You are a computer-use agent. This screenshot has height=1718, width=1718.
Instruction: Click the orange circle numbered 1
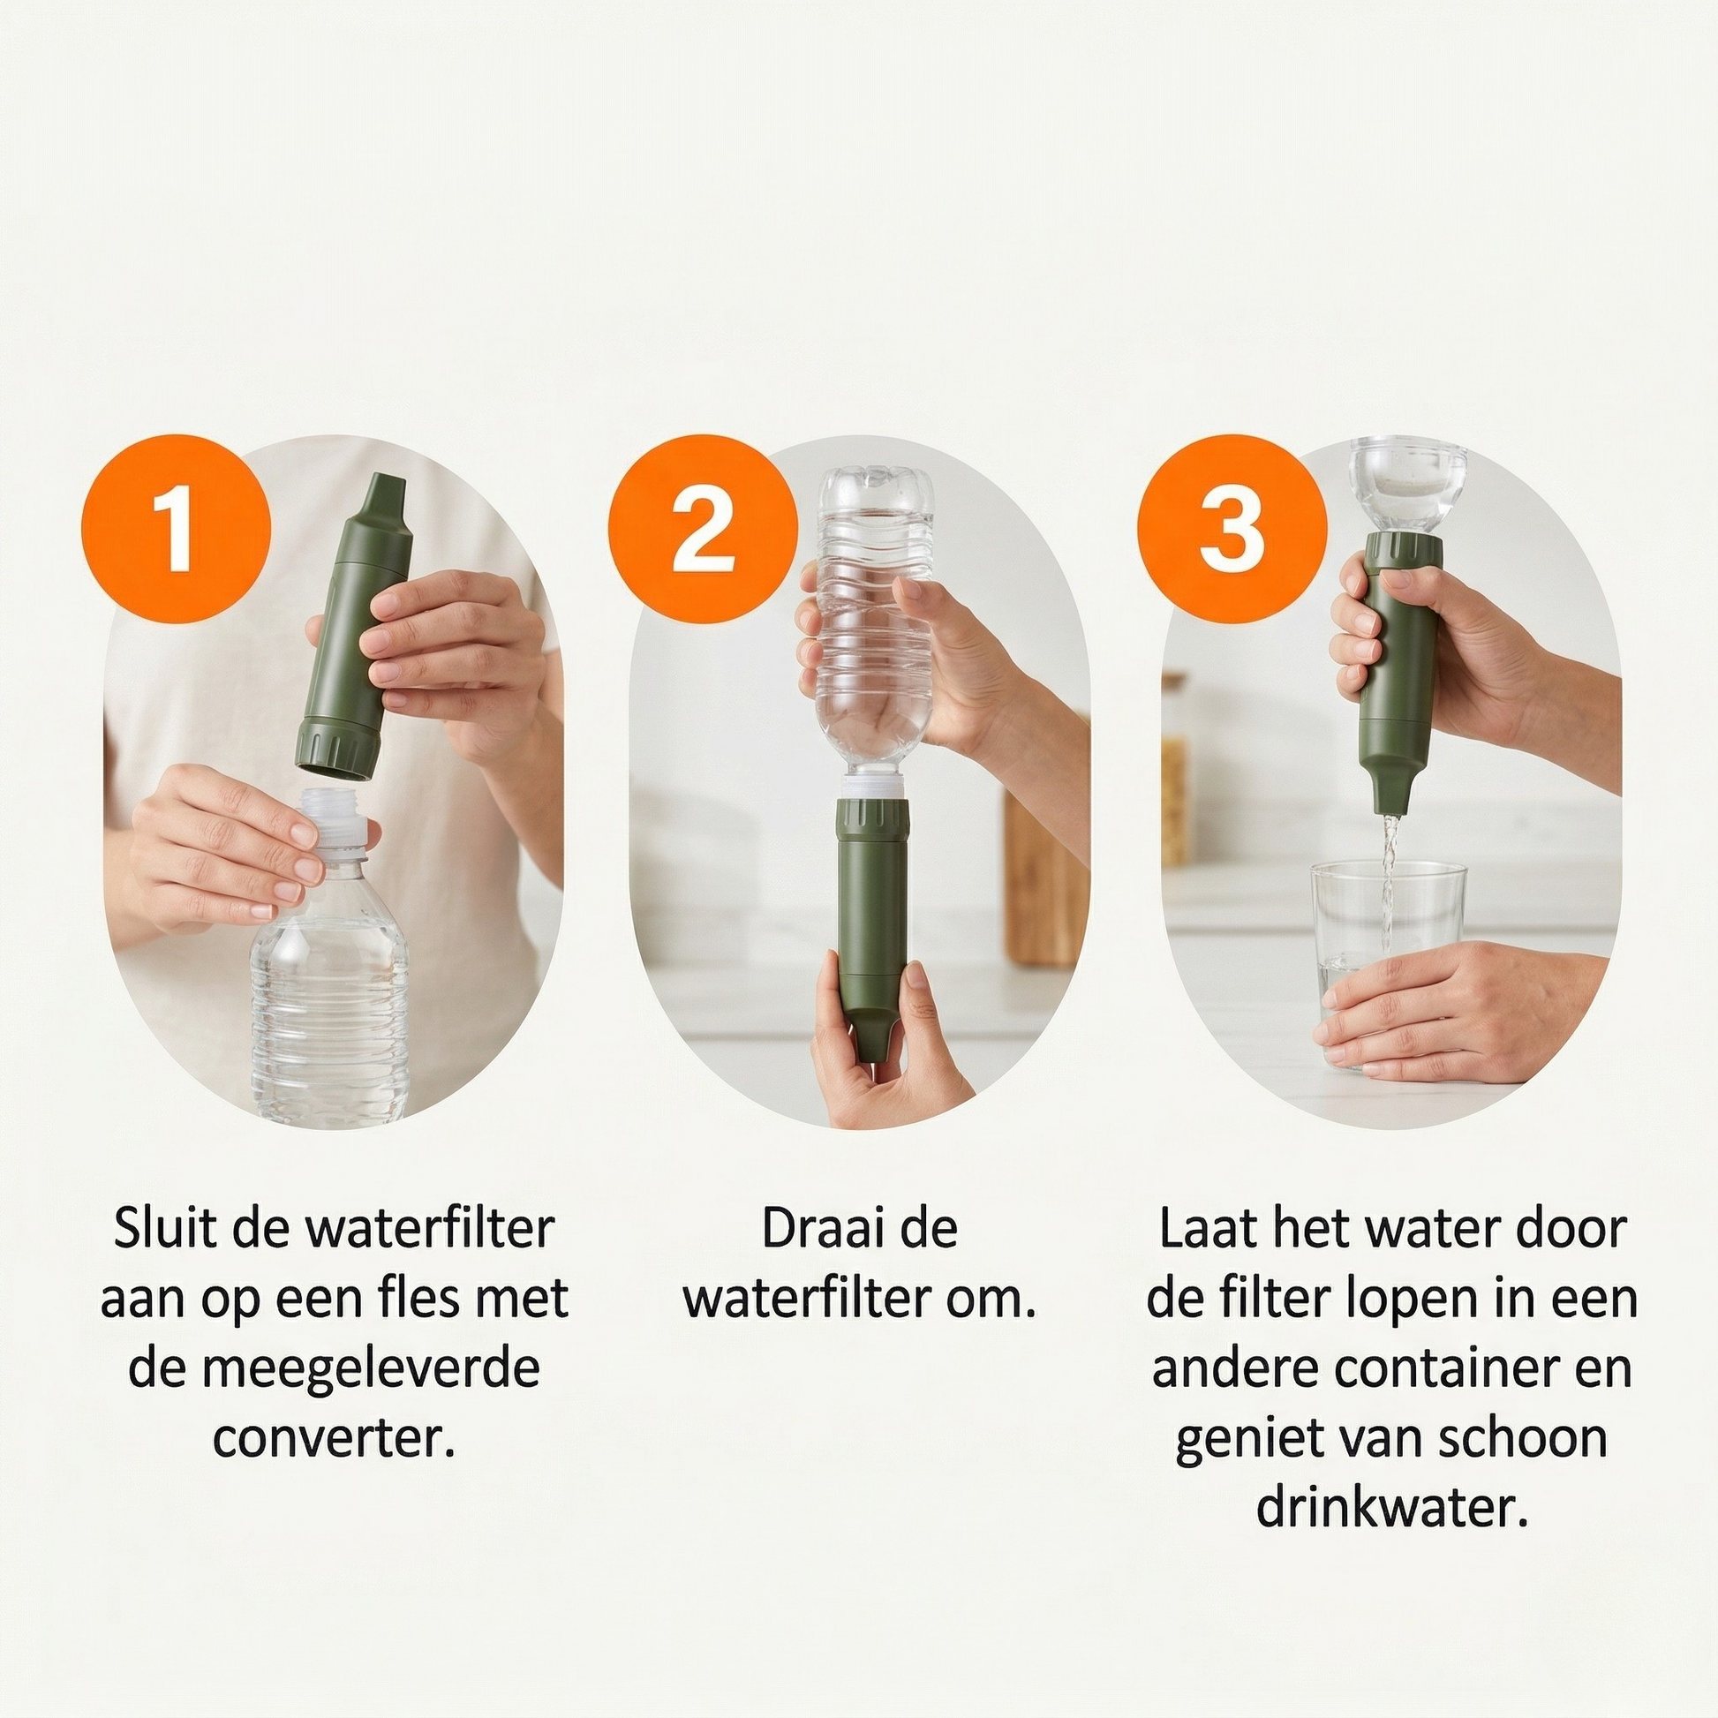pyautogui.click(x=175, y=529)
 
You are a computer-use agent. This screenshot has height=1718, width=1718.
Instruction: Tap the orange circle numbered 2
pyautogui.click(x=703, y=529)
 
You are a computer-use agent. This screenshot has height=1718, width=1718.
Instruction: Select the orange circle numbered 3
pyautogui.click(x=1232, y=529)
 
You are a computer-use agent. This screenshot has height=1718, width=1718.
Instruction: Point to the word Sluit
pyautogui.click(x=164, y=1229)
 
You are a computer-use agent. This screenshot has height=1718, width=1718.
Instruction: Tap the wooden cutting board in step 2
pyautogui.click(x=1046, y=880)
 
